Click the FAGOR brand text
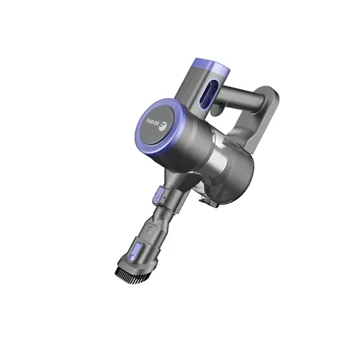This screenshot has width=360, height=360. click(153, 122)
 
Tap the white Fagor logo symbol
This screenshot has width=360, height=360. click(163, 126)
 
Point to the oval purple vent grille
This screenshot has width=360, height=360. click(209, 94)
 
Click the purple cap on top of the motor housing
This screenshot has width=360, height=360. click(211, 66)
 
